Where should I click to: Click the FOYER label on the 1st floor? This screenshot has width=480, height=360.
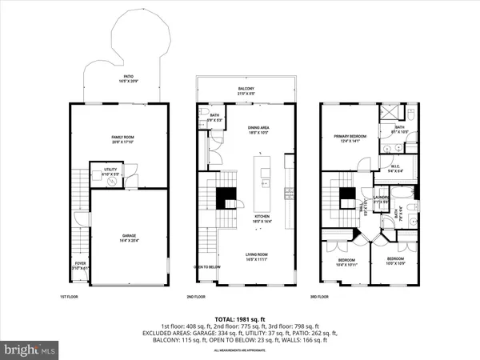pyautogui.click(x=80, y=264)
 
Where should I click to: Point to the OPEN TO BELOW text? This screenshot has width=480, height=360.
pyautogui.click(x=207, y=267)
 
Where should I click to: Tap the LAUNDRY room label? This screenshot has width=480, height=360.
pyautogui.click(x=380, y=199)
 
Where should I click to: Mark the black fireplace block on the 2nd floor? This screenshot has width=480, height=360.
pyautogui.click(x=226, y=194)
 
